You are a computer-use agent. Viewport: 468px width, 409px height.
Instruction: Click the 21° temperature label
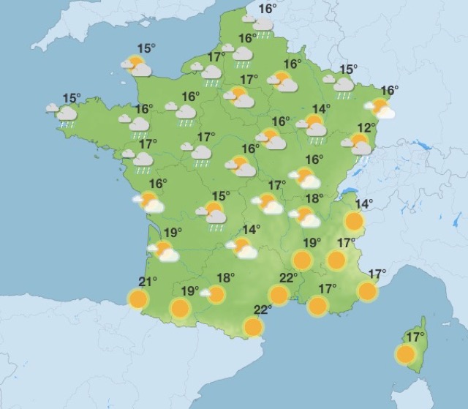[148, 282]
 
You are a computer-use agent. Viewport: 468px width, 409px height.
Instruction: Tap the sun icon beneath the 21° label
[137, 299]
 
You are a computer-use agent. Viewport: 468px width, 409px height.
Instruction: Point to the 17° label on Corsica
[415, 337]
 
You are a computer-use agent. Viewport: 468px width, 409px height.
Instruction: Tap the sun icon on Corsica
[404, 355]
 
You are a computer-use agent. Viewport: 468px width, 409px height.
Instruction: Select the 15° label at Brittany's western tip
[71, 98]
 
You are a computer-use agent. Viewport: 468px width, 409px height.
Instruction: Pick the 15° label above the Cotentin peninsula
[146, 48]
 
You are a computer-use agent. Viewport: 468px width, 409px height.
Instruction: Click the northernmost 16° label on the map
[268, 8]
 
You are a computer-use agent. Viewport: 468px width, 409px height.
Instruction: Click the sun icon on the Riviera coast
[368, 291]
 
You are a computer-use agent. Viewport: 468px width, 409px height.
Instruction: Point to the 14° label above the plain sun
[363, 203]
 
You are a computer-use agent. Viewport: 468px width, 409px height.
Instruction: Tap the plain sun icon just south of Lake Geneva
[354, 221]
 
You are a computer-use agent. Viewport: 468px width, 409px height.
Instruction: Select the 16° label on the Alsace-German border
[389, 91]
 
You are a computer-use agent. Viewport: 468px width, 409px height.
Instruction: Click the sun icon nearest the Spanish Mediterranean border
[253, 326]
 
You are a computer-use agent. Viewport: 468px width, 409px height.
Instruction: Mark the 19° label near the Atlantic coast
[173, 233]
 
